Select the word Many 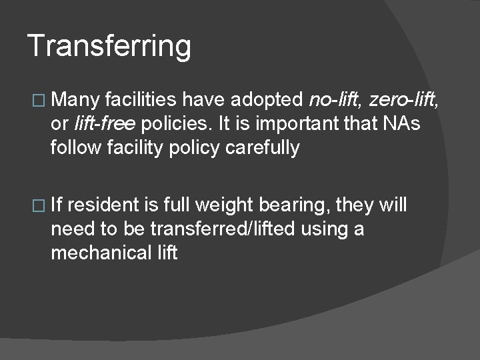coord(75,101)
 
